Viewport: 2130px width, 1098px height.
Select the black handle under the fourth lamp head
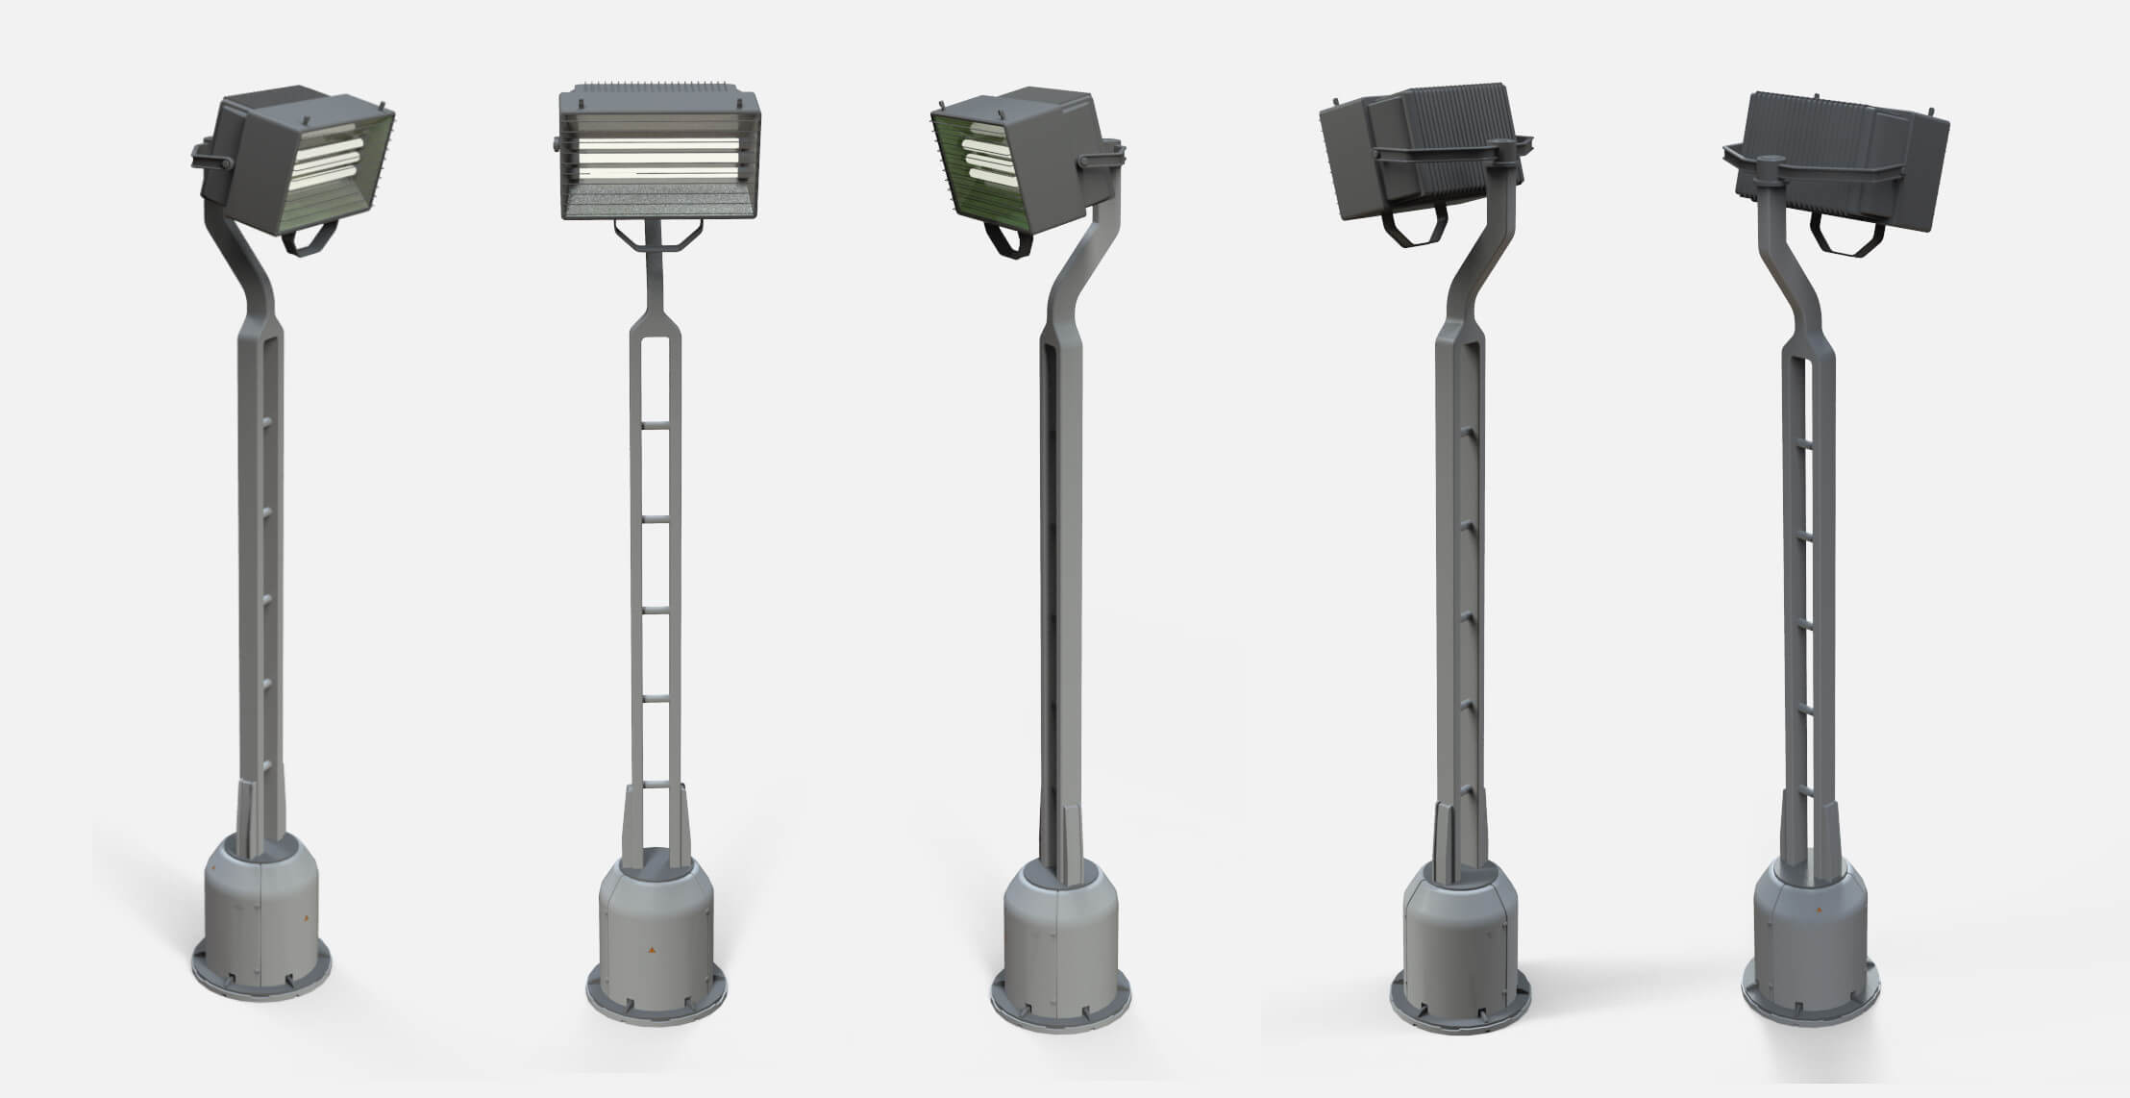coord(1413,231)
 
